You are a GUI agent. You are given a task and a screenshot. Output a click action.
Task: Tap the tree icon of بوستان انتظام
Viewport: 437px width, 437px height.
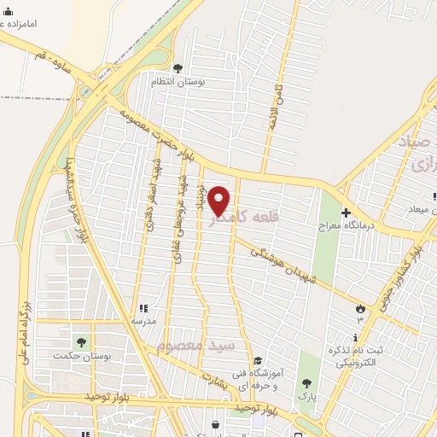[x=178, y=68]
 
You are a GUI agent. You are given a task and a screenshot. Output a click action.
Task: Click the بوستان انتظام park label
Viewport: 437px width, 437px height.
[x=175, y=81]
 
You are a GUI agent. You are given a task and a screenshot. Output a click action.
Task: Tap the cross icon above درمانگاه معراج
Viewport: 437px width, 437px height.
[x=346, y=213]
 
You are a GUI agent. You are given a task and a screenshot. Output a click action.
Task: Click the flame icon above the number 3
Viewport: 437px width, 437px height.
[x=360, y=308]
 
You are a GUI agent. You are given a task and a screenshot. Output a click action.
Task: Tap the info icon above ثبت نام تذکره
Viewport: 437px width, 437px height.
[x=356, y=338]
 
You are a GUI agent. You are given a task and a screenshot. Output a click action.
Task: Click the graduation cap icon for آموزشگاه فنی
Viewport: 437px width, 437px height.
[x=258, y=361]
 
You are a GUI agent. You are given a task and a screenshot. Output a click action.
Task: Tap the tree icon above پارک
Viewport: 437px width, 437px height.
[x=304, y=383]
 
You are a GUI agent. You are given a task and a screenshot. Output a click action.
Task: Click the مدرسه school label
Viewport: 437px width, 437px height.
[x=143, y=320]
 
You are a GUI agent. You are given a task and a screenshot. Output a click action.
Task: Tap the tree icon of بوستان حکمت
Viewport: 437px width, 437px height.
[x=81, y=342]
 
